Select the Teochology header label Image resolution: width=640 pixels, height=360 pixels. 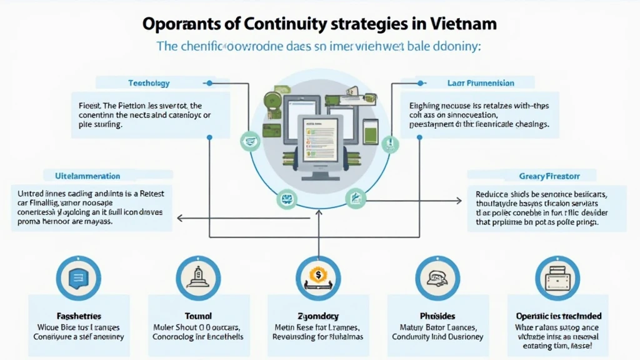coord(149,82)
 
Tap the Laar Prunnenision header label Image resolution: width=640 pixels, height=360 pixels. coord(481,82)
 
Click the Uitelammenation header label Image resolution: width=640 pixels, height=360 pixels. coord(87,176)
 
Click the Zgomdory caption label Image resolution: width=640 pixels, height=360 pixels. coord(317,316)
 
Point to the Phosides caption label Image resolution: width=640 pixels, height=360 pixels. coord(437,316)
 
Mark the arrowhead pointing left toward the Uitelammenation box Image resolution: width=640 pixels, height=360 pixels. coord(180,218)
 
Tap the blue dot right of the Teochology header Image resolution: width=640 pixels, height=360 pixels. coord(209,82)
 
